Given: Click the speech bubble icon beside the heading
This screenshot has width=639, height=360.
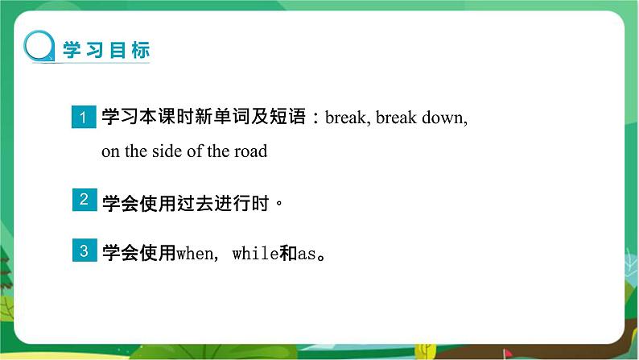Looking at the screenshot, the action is click(x=39, y=47).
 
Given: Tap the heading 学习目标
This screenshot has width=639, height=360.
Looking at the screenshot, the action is click(x=106, y=50).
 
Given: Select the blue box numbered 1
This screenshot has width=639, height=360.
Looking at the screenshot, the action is click(x=84, y=117).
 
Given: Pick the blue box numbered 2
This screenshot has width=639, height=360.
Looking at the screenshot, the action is click(x=85, y=200).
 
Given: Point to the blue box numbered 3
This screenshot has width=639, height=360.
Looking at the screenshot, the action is click(x=85, y=250).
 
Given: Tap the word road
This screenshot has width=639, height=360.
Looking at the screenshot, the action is click(x=250, y=151).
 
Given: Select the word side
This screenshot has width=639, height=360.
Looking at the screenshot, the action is click(x=167, y=151).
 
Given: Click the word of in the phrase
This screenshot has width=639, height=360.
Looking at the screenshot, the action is click(x=195, y=151).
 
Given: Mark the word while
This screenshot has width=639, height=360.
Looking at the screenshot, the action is click(x=255, y=254).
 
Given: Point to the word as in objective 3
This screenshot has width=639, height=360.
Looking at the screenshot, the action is click(x=307, y=254).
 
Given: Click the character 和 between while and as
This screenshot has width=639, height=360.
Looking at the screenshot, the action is click(x=289, y=253).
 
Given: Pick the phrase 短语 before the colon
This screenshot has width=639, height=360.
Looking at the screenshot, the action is click(x=287, y=116).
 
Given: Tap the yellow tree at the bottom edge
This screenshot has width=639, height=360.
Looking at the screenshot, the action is click(x=425, y=350).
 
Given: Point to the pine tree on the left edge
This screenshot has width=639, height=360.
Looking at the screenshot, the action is click(x=6, y=269).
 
